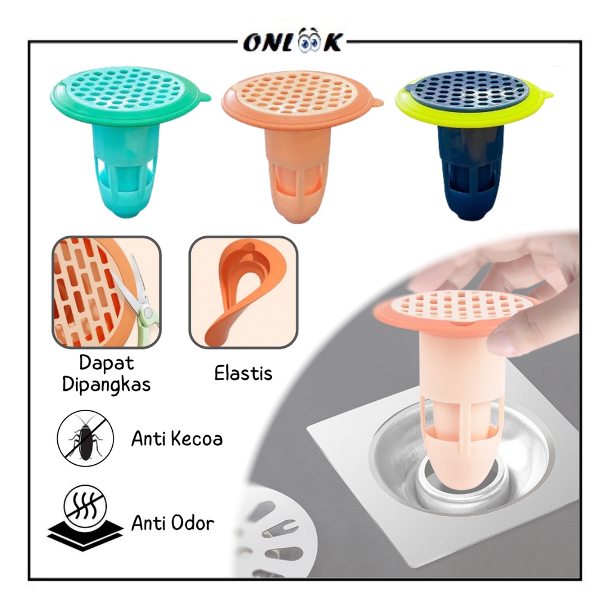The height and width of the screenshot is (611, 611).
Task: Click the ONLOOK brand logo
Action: pyautogui.click(x=293, y=42)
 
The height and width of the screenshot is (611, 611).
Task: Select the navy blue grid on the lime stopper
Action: pyautogui.click(x=471, y=90)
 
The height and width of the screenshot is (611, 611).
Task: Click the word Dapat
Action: pyautogui.click(x=106, y=363)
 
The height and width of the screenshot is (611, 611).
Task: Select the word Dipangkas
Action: pyautogui.click(x=106, y=384)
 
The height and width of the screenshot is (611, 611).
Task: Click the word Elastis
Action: pyautogui.click(x=243, y=374)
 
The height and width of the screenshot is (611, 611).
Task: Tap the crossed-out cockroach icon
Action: pyautogui.click(x=85, y=438)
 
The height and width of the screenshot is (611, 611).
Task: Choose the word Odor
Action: pyautogui.click(x=193, y=523)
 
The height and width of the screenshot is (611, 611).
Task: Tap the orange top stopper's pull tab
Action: pyautogui.click(x=375, y=102)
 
